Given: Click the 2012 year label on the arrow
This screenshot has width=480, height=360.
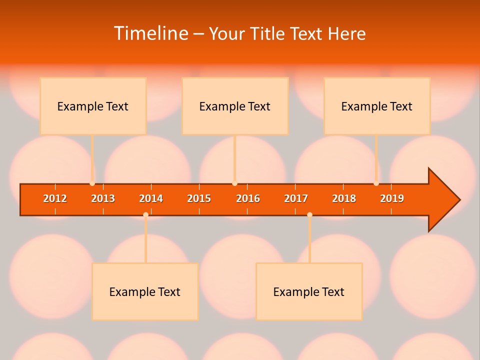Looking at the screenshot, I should point(55,198).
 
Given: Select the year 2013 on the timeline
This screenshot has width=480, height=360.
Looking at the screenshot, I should point(103,198).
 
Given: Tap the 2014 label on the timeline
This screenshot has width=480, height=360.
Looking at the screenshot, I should point(151,198).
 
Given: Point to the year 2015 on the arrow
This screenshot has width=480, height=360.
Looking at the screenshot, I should point(199,198).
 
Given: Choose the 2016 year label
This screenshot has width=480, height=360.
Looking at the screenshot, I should point(248,198).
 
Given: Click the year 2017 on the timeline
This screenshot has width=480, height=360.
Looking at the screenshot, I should point(296,198).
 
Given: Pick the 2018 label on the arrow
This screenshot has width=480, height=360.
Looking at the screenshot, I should point(344,198).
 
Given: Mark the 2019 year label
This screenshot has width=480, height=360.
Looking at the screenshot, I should point(392,198).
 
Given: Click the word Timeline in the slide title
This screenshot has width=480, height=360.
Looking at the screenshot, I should point(150,33).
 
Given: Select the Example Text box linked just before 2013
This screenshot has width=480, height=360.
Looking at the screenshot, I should point(93,106).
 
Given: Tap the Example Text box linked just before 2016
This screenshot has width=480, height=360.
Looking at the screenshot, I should point(235,106).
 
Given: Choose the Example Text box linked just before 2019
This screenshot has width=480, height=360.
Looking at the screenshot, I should point(377,106).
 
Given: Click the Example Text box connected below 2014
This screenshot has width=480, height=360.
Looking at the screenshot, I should point(145,291).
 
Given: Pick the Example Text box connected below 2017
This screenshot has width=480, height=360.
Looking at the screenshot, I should point(309,291).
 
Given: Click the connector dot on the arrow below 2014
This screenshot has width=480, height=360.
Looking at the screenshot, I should point(145,214).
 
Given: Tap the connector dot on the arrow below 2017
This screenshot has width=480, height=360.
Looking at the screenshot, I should point(309,214).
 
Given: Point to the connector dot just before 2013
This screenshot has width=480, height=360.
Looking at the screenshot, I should point(92,183).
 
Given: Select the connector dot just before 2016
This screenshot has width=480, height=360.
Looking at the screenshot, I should point(234,183).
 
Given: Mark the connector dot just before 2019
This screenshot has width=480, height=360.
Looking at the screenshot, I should point(376,183).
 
